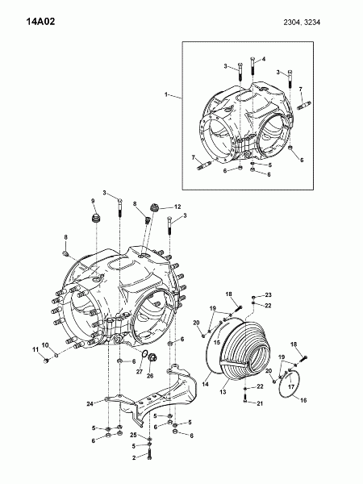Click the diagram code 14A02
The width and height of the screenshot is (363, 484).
(x=40, y=22)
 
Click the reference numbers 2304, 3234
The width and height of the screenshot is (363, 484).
(x=302, y=23)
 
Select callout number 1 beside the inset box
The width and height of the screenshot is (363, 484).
(x=166, y=94)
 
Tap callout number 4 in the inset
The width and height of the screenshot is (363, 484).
(x=264, y=59)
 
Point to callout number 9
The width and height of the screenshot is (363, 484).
(x=93, y=201)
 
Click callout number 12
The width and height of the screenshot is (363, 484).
(x=177, y=207)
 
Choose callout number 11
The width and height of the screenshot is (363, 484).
(x=35, y=349)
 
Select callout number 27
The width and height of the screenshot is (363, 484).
(x=140, y=372)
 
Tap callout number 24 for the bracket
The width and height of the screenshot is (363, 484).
(x=90, y=404)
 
